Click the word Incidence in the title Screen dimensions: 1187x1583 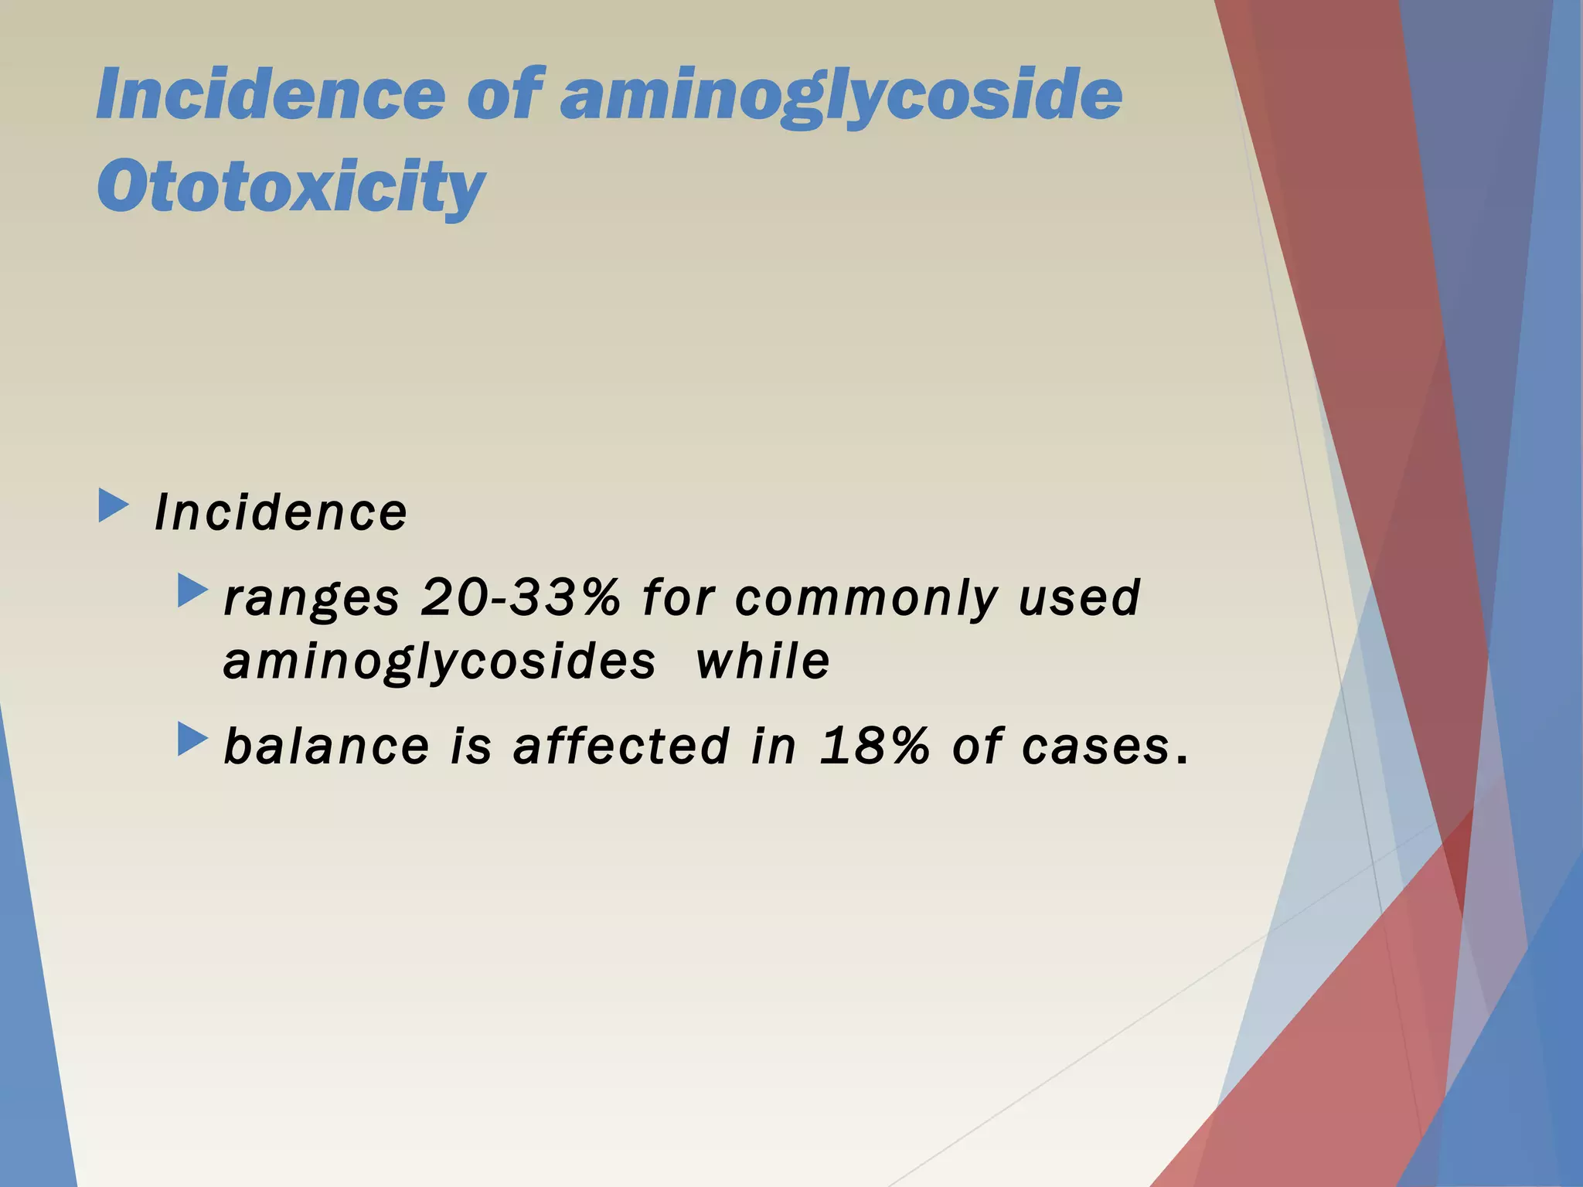[x=270, y=94]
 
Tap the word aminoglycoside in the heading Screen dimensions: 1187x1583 [x=840, y=96]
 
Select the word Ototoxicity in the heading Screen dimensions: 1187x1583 [x=291, y=187]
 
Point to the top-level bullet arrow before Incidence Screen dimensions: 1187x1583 [x=114, y=507]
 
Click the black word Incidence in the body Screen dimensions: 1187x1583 [x=281, y=512]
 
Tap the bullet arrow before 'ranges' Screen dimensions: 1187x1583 [x=192, y=590]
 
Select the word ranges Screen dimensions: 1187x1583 [x=311, y=599]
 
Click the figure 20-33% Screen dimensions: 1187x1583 [x=520, y=597]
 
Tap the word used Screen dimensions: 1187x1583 [x=1079, y=597]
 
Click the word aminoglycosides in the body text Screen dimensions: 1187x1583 [x=439, y=663]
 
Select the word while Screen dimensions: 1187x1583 [x=763, y=662]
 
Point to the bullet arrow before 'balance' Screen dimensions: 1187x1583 [x=192, y=739]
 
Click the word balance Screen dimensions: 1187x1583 [x=326, y=747]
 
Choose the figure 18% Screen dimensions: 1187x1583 [x=874, y=747]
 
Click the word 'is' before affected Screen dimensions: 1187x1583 [x=471, y=747]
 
